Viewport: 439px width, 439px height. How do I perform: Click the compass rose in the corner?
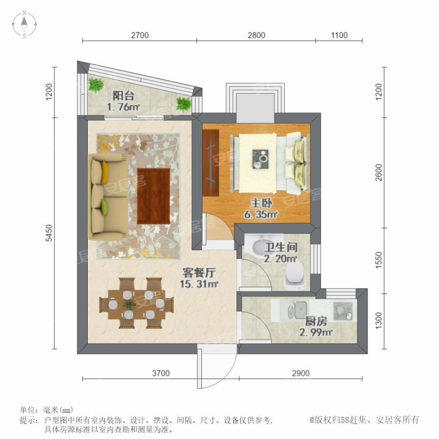(x=25, y=24)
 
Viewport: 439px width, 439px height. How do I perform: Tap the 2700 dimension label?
(x=140, y=36)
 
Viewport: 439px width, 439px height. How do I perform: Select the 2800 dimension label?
(x=256, y=36)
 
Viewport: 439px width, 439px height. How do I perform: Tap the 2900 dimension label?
(x=301, y=374)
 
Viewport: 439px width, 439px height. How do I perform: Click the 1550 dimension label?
(x=379, y=258)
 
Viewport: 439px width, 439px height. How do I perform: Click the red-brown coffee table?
(x=153, y=195)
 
